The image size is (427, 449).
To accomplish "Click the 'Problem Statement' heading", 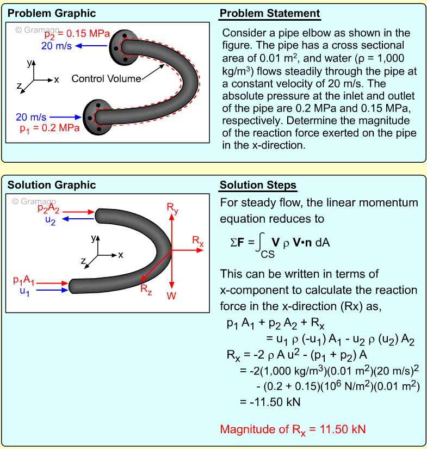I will click(x=270, y=14).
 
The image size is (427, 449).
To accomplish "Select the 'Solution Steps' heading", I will click(x=258, y=186).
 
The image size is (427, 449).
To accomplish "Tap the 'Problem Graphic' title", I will click(x=52, y=14).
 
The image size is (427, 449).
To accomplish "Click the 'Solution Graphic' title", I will click(x=52, y=186).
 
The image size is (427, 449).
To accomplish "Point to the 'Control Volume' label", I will click(x=106, y=79).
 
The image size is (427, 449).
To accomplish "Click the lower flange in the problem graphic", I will click(x=97, y=116).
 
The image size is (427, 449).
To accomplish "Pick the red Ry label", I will click(x=172, y=207).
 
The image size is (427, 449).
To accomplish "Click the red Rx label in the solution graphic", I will click(x=197, y=241).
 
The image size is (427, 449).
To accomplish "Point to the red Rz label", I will click(x=146, y=290).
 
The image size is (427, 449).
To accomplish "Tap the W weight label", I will click(x=172, y=296).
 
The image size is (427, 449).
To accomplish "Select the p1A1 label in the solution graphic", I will click(x=24, y=281).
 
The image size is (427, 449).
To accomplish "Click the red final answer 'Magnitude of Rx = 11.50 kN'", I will click(x=293, y=429).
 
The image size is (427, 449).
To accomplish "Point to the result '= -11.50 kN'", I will click(x=270, y=402).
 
